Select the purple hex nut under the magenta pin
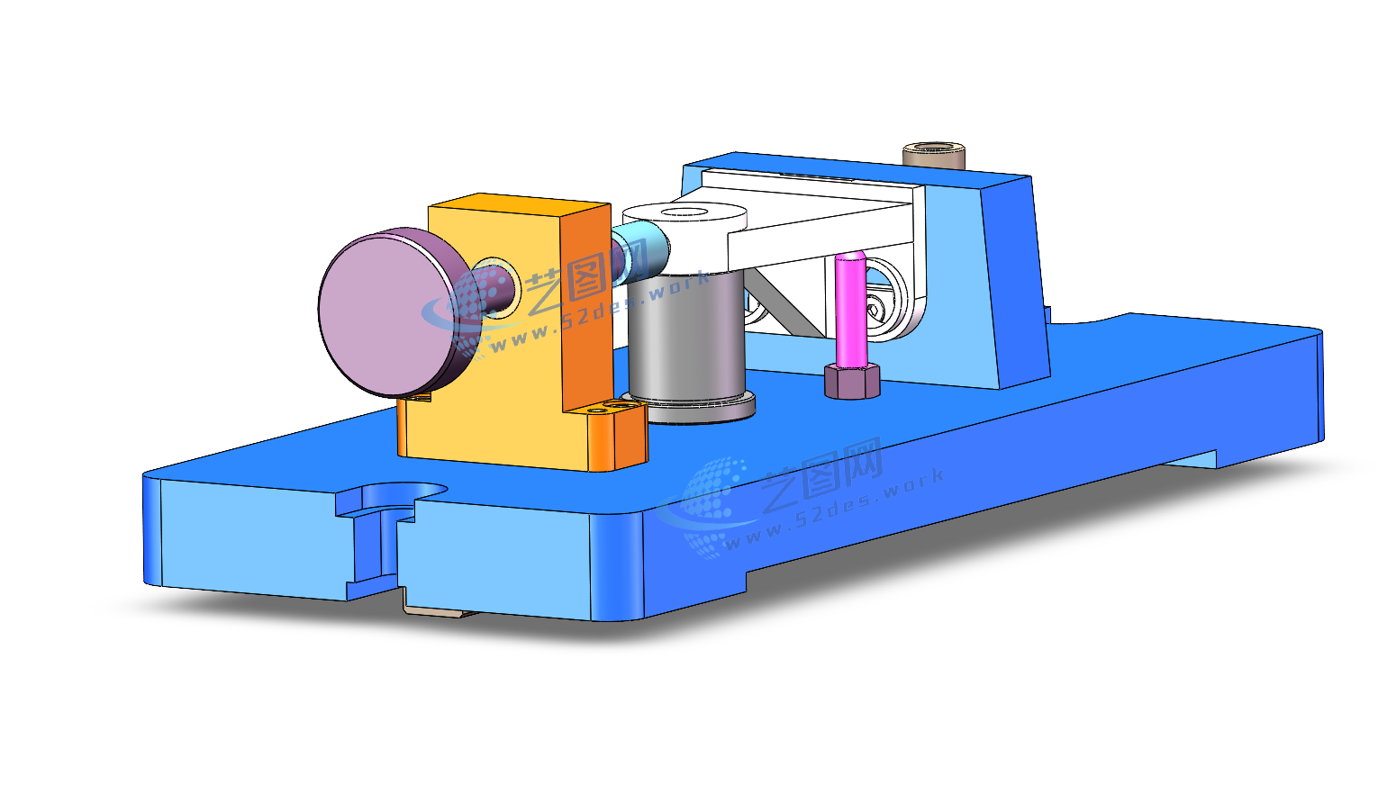(x=852, y=381)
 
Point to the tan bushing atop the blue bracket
(x=934, y=155)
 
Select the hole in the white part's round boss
(x=684, y=213)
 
